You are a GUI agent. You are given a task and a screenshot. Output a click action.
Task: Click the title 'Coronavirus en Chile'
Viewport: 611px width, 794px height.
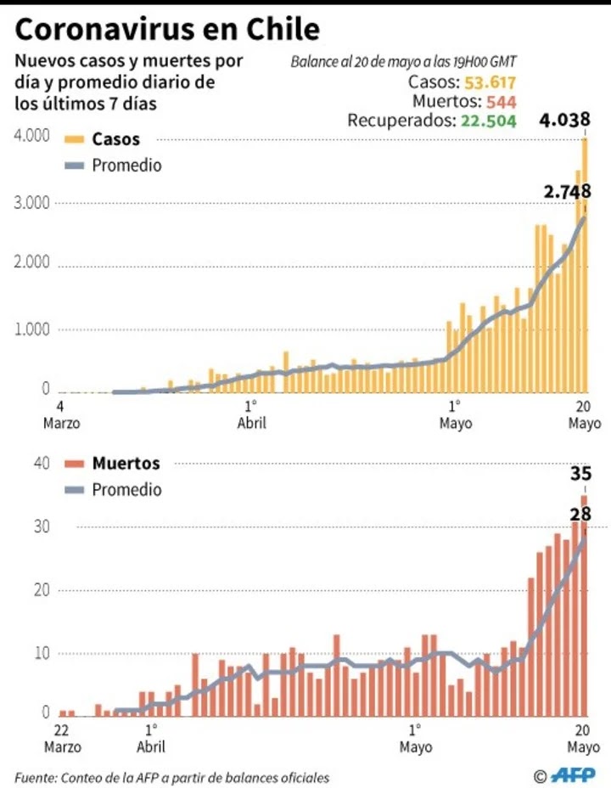click(167, 30)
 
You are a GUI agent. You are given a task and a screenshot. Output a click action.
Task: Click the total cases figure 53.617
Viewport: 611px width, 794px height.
click(490, 82)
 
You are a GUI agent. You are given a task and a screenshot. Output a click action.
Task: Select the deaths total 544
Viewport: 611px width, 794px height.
click(502, 102)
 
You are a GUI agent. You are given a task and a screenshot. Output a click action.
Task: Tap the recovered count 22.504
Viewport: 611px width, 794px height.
click(489, 121)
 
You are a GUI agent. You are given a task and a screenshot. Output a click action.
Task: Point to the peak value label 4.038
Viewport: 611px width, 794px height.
click(564, 120)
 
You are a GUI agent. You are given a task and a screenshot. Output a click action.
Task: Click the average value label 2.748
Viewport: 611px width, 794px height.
click(567, 191)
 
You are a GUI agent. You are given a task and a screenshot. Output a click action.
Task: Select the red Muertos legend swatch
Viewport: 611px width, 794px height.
click(75, 464)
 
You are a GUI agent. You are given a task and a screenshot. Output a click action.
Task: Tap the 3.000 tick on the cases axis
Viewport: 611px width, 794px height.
click(32, 203)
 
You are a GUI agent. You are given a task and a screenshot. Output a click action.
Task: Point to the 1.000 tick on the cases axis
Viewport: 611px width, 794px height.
click(32, 329)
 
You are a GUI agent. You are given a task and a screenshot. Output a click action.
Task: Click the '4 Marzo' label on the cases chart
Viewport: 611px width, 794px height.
click(61, 414)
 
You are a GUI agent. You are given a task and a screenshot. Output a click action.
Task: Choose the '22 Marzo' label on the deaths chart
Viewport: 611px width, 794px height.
click(62, 738)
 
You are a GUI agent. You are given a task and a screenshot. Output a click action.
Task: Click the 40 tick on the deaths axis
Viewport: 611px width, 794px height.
click(42, 464)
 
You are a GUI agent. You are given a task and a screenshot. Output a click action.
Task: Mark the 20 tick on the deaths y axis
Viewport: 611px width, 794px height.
click(42, 590)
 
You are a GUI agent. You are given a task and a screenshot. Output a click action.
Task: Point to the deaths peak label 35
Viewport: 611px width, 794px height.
click(580, 474)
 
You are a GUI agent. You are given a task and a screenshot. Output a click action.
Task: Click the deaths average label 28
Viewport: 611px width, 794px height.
click(580, 514)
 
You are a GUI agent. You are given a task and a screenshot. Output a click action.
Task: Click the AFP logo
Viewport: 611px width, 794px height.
click(573, 774)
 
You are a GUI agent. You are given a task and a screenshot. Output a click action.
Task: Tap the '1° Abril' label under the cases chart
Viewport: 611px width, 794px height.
click(251, 414)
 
